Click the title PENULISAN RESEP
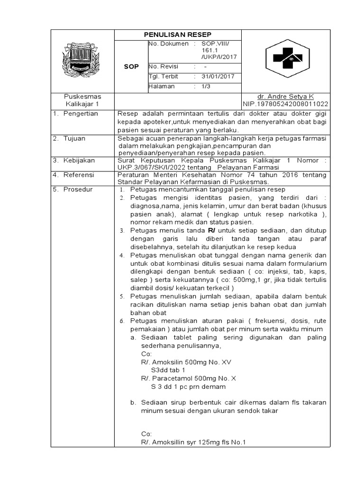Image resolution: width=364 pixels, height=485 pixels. coord(178,35)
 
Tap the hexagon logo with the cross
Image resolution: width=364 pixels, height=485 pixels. coord(285,59)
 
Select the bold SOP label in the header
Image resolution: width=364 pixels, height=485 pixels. coord(131,67)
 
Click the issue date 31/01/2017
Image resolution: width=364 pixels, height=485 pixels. coord(215,77)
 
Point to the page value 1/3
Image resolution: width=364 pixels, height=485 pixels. coord(207,87)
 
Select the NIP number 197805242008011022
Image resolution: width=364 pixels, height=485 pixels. coord(286,104)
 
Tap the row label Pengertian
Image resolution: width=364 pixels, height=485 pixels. coord(81,114)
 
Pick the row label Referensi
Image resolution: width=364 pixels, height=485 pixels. coord(79,175)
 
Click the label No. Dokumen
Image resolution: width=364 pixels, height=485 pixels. coord(168,44)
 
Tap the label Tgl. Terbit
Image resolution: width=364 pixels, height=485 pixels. coord(164,77)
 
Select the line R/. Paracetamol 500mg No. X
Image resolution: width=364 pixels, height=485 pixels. coord(188,378)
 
